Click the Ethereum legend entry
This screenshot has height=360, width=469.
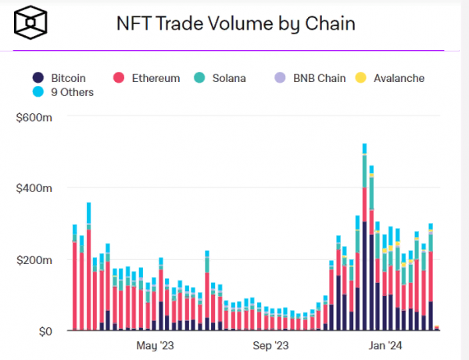(147, 78)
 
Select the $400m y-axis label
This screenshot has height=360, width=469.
(36, 188)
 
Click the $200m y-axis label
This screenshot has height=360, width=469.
(36, 259)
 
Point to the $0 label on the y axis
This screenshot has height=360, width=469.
(45, 331)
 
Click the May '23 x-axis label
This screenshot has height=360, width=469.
(155, 344)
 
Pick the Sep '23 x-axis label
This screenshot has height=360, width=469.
(271, 344)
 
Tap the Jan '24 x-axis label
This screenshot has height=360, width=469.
(386, 344)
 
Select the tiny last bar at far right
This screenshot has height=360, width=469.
(437, 329)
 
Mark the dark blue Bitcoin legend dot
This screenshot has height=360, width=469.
(38, 78)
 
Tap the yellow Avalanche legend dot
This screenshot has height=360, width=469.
(360, 78)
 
